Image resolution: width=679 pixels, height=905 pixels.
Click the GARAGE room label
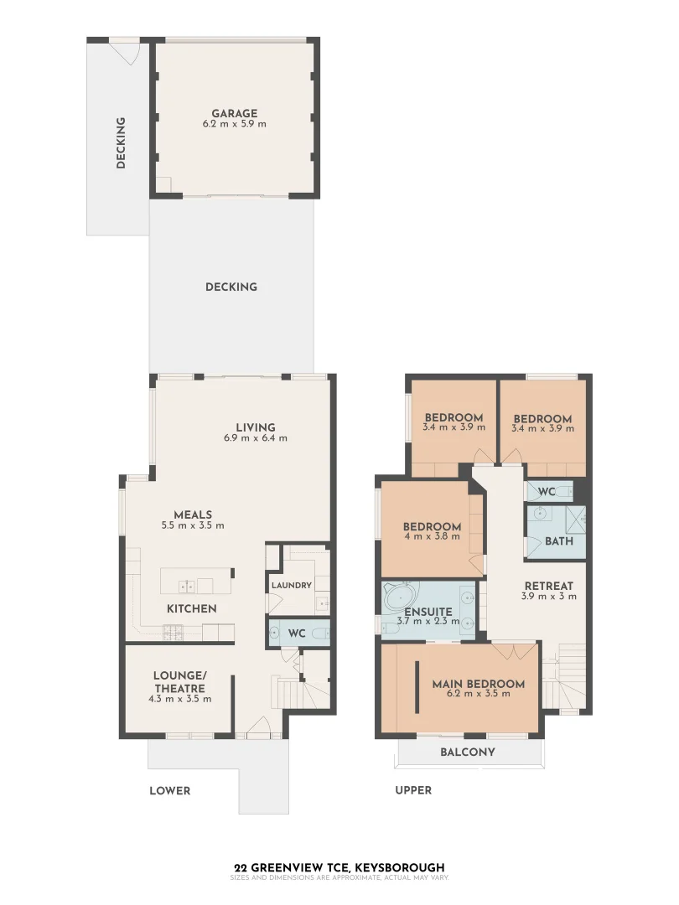(x=234, y=113)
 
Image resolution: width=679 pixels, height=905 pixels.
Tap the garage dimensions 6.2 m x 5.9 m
(x=234, y=124)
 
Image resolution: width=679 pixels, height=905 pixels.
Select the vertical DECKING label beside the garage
(x=121, y=143)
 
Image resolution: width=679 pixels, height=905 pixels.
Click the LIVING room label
(x=255, y=427)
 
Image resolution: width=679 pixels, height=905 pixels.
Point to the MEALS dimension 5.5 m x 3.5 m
(x=193, y=526)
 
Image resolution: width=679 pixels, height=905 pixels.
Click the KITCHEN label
(x=191, y=608)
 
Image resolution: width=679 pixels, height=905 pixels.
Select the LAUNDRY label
(x=291, y=585)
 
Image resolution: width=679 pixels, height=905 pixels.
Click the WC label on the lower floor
(x=296, y=633)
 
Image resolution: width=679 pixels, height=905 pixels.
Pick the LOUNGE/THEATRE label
(x=179, y=681)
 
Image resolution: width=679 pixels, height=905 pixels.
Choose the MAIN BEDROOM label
(x=478, y=684)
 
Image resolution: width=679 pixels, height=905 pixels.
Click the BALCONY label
(x=467, y=752)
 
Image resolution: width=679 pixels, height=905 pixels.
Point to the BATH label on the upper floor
(x=558, y=541)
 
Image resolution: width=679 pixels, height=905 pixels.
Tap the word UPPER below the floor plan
(x=413, y=790)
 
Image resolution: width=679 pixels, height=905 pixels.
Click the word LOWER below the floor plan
(x=169, y=790)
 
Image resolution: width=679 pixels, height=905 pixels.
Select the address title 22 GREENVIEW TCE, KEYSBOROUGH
(x=339, y=867)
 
